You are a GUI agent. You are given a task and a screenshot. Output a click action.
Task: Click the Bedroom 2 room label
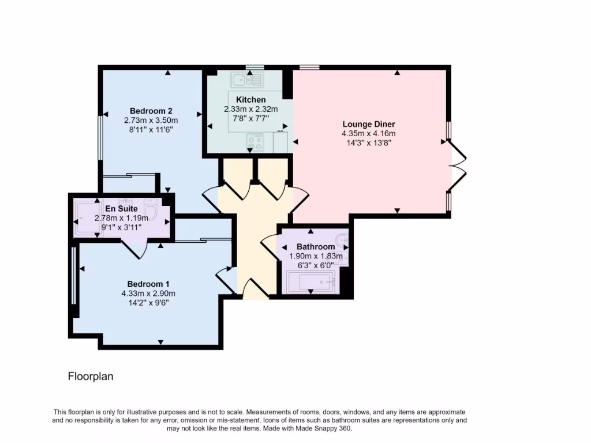(x=151, y=111)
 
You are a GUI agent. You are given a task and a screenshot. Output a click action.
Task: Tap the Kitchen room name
(x=250, y=100)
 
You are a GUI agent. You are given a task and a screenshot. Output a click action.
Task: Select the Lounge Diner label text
(x=368, y=124)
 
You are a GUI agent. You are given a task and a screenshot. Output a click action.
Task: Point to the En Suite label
(x=121, y=209)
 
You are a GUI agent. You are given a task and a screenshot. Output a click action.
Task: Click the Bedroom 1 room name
(x=148, y=284)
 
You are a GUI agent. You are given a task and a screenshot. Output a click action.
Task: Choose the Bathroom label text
(x=316, y=247)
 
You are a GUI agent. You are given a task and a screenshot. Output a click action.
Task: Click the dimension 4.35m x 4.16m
(x=368, y=134)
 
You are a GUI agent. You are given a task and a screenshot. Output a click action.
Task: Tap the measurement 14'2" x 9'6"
(x=148, y=303)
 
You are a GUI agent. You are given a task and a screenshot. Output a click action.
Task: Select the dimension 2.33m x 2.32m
(x=250, y=109)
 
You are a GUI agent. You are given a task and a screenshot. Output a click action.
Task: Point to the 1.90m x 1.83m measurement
(x=316, y=256)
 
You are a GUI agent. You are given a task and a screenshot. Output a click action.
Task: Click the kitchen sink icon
(x=247, y=80)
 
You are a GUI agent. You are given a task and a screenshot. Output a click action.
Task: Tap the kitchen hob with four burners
(x=255, y=142)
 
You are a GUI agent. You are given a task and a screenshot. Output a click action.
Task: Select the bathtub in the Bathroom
(x=311, y=283)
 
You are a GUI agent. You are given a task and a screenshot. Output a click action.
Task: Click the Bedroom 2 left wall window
(x=100, y=137)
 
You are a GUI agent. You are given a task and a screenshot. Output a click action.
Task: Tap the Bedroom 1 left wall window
(x=73, y=276)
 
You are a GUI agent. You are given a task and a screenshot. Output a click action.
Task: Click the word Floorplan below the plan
(x=91, y=377)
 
